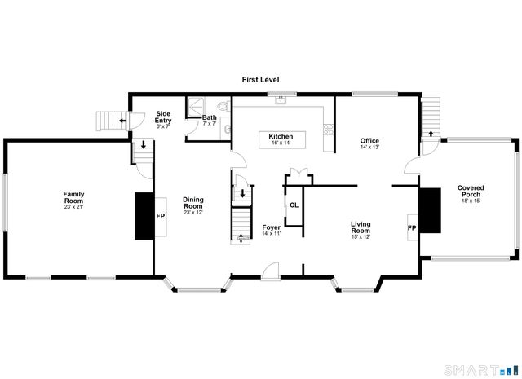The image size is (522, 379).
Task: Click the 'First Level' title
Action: click(260, 79)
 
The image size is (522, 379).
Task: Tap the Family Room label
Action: click(74, 198)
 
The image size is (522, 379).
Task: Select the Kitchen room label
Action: click(281, 139)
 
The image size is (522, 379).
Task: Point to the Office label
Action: click(369, 143)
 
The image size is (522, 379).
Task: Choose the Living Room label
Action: click(361, 227)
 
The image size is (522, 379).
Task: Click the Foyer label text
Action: click(272, 231)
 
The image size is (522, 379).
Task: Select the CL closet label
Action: click(294, 205)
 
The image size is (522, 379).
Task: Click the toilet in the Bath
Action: click(221, 106)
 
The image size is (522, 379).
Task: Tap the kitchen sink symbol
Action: click(281, 100)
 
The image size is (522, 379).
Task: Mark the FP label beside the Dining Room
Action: click(161, 217)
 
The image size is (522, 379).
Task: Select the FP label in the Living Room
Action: click(412, 227)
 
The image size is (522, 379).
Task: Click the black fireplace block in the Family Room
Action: click(144, 217)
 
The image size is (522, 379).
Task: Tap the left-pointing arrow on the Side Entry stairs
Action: click(121, 121)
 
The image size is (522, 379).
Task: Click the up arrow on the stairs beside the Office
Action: click(430, 130)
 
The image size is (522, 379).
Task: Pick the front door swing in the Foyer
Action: click(272, 269)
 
